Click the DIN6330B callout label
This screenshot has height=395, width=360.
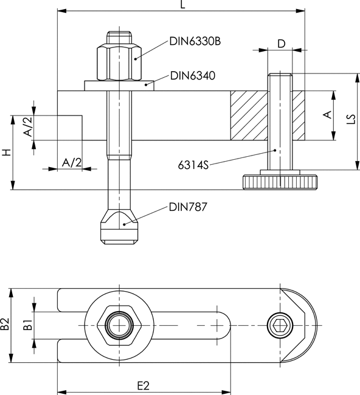[x=195, y=41]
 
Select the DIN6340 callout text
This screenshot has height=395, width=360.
[x=193, y=75]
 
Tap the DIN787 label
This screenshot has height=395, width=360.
[x=188, y=207]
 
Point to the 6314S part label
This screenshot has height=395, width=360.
[x=193, y=165]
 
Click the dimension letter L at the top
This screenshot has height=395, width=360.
[x=183, y=4]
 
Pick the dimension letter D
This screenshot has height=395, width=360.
[x=282, y=44]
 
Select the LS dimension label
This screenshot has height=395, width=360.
[x=350, y=120]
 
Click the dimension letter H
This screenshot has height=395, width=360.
[x=7, y=153]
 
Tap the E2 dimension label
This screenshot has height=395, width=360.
[x=144, y=385]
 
